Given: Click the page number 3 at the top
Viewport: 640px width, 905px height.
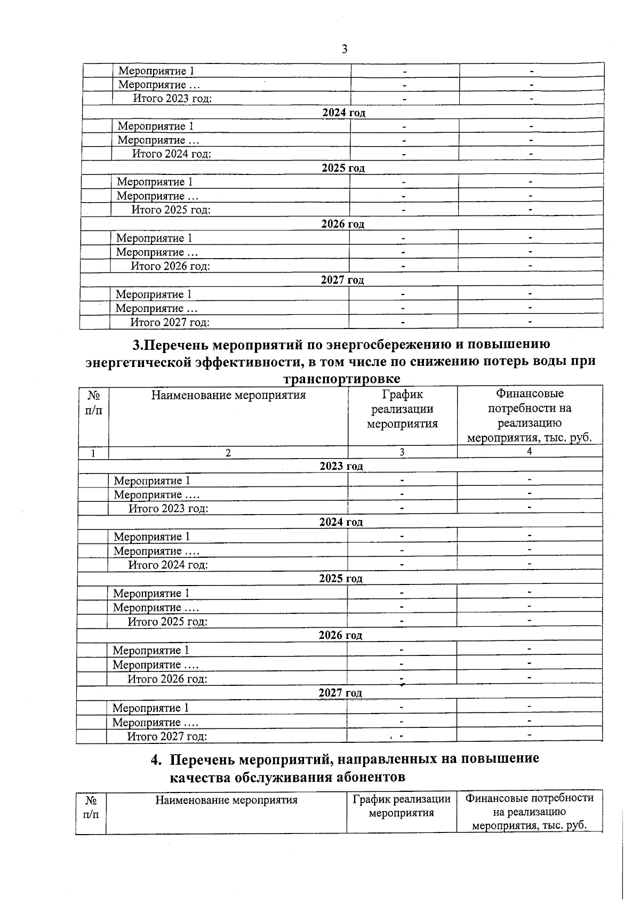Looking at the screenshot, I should click(x=344, y=49).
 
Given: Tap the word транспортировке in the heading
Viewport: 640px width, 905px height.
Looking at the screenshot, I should click(x=342, y=379).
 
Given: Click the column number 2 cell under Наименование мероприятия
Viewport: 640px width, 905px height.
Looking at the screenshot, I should click(x=228, y=452).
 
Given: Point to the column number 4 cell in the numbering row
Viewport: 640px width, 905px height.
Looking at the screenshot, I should click(x=529, y=451).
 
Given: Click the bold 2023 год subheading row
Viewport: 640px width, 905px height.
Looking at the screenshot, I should click(x=341, y=466).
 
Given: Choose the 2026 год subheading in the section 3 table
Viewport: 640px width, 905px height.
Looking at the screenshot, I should click(x=340, y=635).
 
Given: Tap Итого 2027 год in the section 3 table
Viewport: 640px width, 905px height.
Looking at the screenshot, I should click(x=167, y=736).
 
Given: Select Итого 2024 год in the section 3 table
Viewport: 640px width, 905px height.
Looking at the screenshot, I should click(x=168, y=565).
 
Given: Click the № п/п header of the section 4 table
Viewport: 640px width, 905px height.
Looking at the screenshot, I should click(x=91, y=807).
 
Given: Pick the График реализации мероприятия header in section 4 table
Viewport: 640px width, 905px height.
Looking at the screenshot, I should click(x=402, y=806).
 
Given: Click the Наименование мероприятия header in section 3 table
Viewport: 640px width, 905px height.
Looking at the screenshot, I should click(x=228, y=395).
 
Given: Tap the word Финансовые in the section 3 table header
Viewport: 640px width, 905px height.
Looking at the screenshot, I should click(x=530, y=394).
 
